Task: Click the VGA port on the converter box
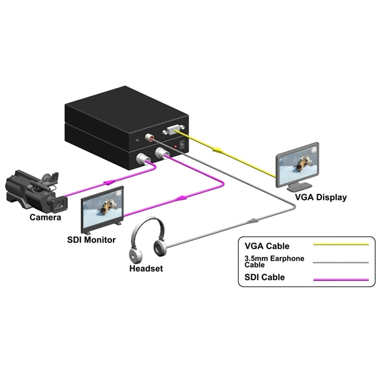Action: [174, 131]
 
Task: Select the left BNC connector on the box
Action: [142, 158]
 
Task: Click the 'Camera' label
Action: [45, 217]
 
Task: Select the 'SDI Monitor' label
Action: [91, 240]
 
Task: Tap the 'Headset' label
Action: [146, 269]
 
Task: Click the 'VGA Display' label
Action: [321, 198]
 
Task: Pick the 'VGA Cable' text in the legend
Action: [267, 246]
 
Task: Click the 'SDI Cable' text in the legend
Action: [264, 278]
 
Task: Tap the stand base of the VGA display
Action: [298, 186]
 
